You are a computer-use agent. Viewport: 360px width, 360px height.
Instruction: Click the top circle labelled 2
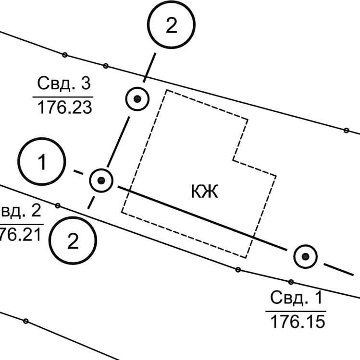[x=171, y=26]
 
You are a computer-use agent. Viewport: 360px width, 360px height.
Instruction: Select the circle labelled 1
[x=42, y=163]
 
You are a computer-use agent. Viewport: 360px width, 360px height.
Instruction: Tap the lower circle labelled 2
[x=73, y=241]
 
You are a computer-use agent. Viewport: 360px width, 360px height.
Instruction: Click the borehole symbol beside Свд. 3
[x=137, y=99]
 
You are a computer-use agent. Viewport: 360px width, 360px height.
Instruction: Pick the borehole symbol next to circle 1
[x=101, y=181]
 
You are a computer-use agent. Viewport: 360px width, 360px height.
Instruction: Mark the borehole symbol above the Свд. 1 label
[x=305, y=256]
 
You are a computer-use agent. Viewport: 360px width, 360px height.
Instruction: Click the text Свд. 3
[x=64, y=84]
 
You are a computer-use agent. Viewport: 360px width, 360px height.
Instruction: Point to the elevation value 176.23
[x=64, y=108]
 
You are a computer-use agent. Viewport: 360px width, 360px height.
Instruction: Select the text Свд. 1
[x=296, y=298]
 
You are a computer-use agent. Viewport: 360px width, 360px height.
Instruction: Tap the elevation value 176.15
[x=296, y=321]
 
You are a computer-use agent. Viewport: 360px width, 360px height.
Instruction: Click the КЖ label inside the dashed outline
[x=205, y=192]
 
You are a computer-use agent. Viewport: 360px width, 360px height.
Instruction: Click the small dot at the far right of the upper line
[x=346, y=130]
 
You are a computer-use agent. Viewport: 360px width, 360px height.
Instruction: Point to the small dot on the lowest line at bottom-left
[x=25, y=321]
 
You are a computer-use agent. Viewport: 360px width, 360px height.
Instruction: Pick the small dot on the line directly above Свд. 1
[x=291, y=282]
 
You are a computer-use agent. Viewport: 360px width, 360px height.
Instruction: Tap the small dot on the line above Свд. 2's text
[x=58, y=205]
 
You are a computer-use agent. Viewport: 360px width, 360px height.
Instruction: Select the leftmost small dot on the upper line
[x=65, y=54]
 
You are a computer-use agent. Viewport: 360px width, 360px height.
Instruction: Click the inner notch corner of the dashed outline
[x=234, y=160]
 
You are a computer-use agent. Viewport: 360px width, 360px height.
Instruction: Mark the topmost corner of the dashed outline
[x=166, y=90]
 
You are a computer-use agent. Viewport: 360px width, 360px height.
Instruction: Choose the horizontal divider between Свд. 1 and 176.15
[x=296, y=310]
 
